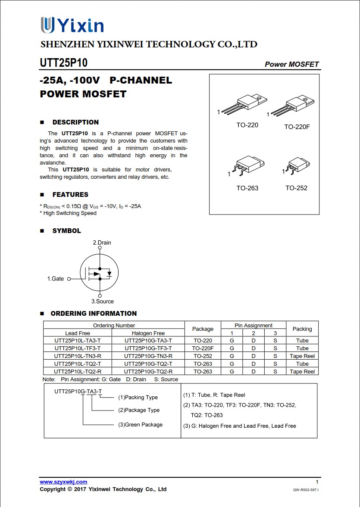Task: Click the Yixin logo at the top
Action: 72,25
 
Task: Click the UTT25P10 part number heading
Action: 63,63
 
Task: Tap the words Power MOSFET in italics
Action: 291,64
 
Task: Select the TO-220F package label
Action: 297,127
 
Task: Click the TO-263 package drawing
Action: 247,166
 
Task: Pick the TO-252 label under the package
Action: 296,188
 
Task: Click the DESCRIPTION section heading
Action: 75,122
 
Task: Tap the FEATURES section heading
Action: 70,195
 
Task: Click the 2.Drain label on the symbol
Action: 102,243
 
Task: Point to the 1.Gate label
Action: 55,279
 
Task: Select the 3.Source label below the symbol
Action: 102,302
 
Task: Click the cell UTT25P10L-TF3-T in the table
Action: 78,348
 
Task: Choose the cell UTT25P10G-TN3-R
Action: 148,356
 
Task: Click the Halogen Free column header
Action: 148,333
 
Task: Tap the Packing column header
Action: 302,329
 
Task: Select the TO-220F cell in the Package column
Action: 203,348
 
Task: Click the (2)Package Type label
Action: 139,410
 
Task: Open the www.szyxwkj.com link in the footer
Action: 63,482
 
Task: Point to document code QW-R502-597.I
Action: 305,490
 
